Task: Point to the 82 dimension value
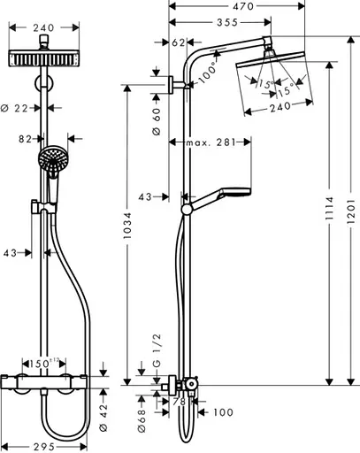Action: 27,138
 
